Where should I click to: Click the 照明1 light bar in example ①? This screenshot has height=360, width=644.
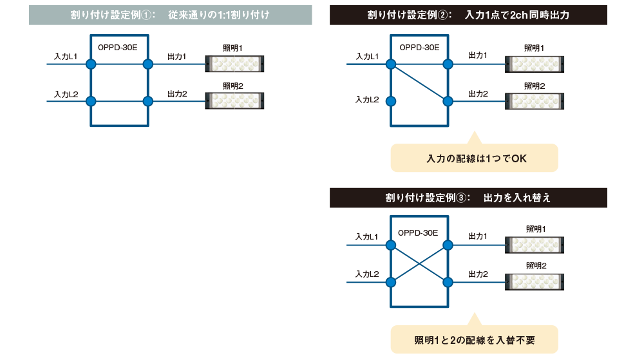click(x=234, y=64)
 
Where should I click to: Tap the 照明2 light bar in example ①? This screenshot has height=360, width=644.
click(x=234, y=101)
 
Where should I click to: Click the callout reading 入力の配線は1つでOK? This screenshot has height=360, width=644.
click(x=474, y=158)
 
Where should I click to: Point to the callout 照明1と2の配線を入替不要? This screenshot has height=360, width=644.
click(x=474, y=339)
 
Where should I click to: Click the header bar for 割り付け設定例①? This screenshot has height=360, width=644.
click(x=171, y=15)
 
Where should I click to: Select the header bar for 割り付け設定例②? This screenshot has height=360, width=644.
click(x=468, y=15)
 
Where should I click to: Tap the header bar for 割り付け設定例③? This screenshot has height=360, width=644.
click(x=468, y=198)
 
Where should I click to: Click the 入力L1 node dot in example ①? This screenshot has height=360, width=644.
click(x=91, y=64)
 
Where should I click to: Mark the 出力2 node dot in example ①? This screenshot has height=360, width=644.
click(x=148, y=101)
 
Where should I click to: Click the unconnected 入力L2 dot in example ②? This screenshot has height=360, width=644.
click(x=390, y=101)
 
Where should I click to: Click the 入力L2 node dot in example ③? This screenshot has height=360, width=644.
click(x=390, y=281)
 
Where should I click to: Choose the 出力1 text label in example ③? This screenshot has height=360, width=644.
click(x=477, y=237)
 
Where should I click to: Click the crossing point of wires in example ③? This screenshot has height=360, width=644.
click(x=419, y=263)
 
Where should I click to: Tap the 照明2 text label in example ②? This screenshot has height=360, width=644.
click(x=534, y=86)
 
